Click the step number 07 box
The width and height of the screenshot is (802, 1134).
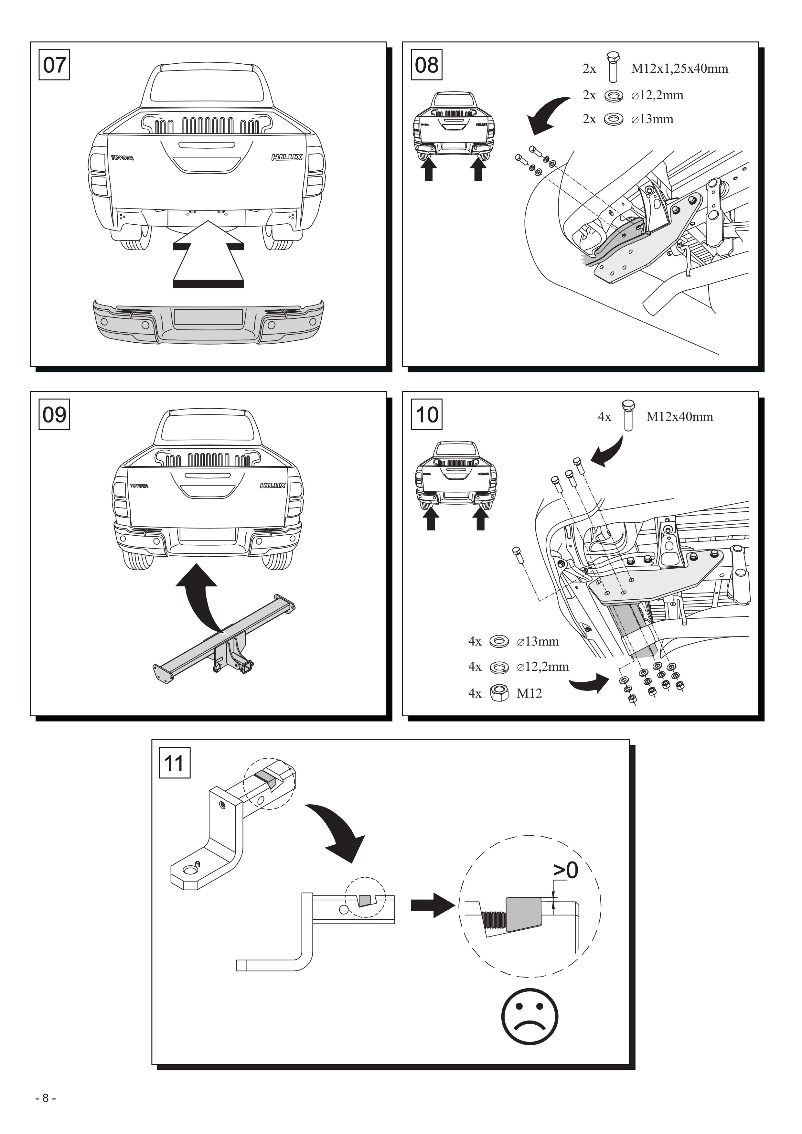click(x=54, y=65)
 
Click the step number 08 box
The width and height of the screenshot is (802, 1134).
click(x=427, y=65)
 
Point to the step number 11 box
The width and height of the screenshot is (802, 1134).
click(x=174, y=763)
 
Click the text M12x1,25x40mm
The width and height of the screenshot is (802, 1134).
click(x=679, y=69)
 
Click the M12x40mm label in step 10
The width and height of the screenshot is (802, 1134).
click(x=679, y=417)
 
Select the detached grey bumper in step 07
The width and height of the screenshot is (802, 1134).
click(x=209, y=322)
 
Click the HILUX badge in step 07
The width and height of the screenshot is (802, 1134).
click(x=286, y=157)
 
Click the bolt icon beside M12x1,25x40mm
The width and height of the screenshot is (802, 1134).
click(x=613, y=66)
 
